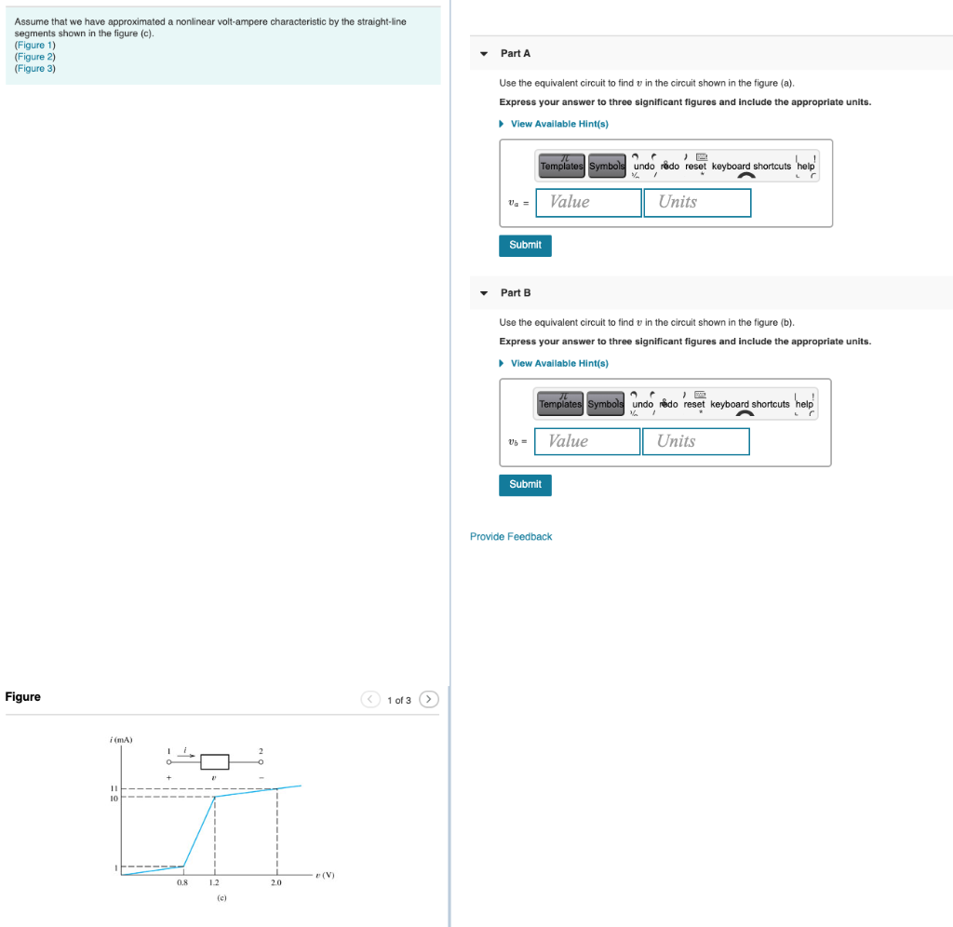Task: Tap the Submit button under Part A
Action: click(525, 245)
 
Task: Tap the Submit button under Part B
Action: click(525, 485)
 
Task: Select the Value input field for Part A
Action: click(588, 202)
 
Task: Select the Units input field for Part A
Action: click(697, 202)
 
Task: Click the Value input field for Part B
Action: click(587, 441)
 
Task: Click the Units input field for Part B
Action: click(695, 441)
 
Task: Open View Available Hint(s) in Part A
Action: click(558, 124)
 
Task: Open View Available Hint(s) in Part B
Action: click(558, 363)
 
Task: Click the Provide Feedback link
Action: click(511, 537)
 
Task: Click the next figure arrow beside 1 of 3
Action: click(428, 699)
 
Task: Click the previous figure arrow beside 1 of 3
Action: click(370, 699)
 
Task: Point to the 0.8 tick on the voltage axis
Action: click(182, 881)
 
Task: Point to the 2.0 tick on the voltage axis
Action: click(276, 881)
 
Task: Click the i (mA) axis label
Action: click(121, 739)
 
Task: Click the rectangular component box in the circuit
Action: click(214, 761)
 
